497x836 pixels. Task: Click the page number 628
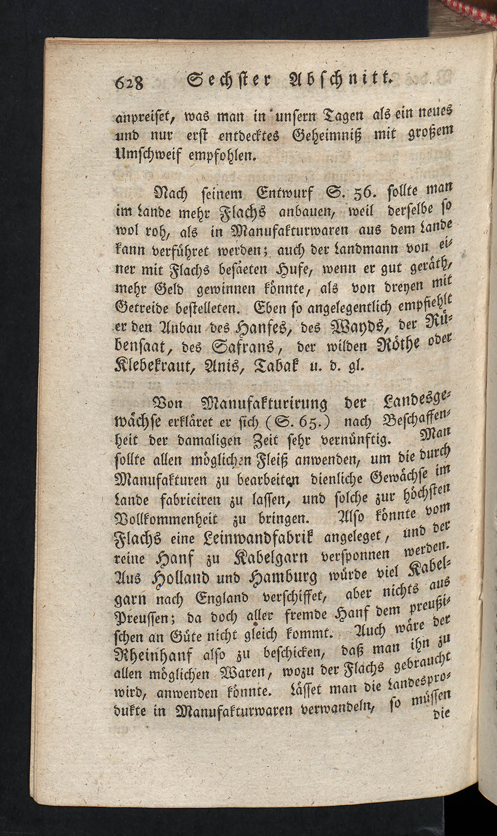[x=130, y=81]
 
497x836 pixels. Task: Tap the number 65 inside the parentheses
[x=310, y=421]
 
